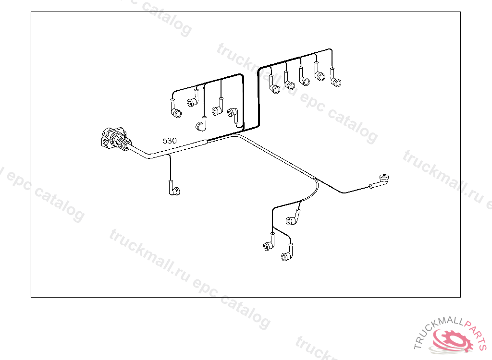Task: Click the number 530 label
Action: [170, 141]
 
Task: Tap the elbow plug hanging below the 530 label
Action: [174, 191]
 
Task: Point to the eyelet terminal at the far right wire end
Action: [383, 179]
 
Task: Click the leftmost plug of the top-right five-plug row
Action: [274, 88]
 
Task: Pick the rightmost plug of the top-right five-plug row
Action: [336, 82]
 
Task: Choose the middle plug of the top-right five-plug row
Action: [304, 81]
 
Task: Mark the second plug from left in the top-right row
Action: [290, 85]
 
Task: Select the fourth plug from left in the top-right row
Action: [320, 75]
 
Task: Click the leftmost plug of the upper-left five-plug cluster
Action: [176, 113]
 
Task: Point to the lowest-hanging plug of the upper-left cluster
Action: [201, 126]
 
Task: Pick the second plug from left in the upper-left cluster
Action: [192, 102]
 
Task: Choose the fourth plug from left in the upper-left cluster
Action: [217, 111]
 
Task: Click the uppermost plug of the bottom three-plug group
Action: [292, 220]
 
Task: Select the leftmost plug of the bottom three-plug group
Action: [268, 246]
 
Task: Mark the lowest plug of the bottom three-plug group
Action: [286, 257]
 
